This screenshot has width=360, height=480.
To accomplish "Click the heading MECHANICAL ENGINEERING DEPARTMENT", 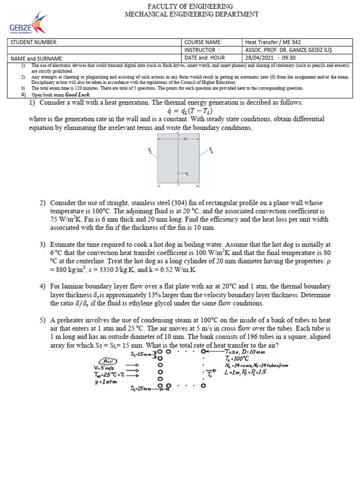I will coord(191,14).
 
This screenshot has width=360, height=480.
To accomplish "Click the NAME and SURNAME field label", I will coord(36,59).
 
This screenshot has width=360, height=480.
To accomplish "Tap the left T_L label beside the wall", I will coord(150,150).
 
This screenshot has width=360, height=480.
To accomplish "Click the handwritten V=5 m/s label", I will coord(105,367).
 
